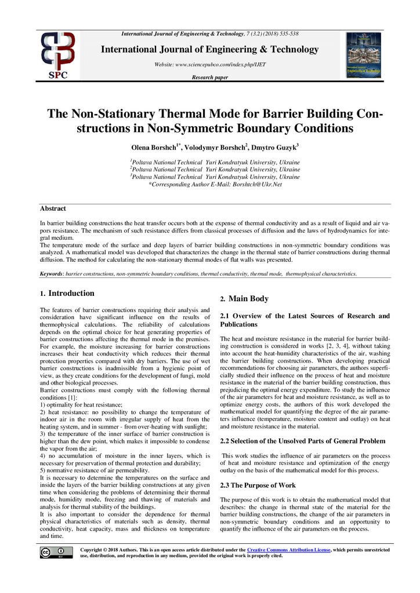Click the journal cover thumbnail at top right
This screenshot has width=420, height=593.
pyautogui.click(x=364, y=56)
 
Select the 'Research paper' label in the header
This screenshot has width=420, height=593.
pyautogui.click(x=209, y=77)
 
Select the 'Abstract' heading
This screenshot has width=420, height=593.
pyautogui.click(x=53, y=208)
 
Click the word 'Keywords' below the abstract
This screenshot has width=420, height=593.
pyautogui.click(x=51, y=273)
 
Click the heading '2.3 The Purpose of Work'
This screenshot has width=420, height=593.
pyautogui.click(x=258, y=485)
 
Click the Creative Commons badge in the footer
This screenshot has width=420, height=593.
pyautogui.click(x=53, y=552)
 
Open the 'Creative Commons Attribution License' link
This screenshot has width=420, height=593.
pyautogui.click(x=288, y=549)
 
